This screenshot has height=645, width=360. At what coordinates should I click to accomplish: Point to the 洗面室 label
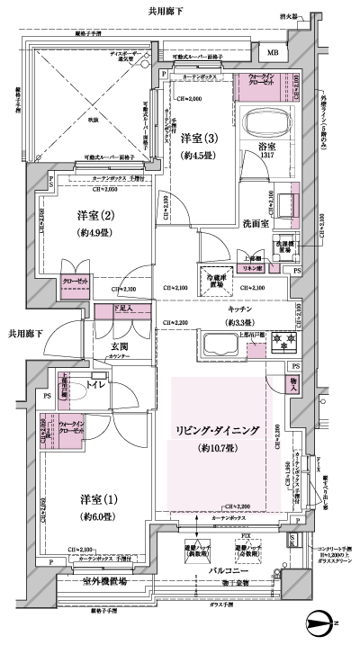257,223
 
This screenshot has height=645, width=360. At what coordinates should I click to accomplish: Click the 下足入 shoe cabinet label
128,309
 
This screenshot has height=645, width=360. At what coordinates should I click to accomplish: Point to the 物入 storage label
294,383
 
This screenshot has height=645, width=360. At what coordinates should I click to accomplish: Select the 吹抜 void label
92,118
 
